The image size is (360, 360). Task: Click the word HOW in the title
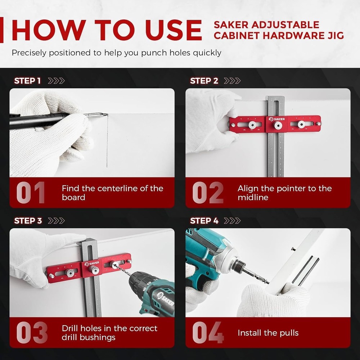point(45,30)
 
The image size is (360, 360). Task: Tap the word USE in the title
point(171,30)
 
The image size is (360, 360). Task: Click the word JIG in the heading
point(334,36)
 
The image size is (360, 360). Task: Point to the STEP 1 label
point(27,81)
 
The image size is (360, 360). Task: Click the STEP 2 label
point(204,81)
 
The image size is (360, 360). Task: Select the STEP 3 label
point(28,221)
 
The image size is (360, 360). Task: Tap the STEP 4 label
point(204,221)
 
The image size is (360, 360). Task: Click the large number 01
point(31,193)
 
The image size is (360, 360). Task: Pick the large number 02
point(208,193)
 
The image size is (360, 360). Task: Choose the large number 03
point(32,333)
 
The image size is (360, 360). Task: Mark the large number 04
point(208,333)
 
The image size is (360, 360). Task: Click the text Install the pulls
point(268,333)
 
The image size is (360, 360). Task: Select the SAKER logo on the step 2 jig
point(276,119)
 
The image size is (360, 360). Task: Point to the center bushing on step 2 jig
point(277,126)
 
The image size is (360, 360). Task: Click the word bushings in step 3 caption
point(96,337)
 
